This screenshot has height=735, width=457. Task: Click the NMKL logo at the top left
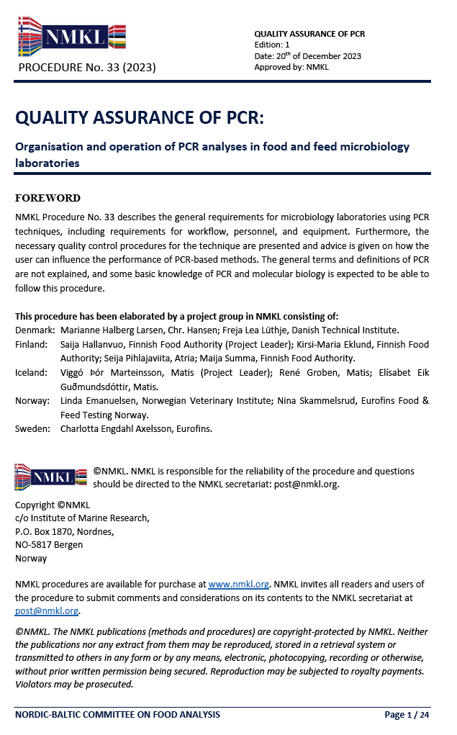pos(71,37)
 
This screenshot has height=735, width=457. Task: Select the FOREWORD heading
pos(47,198)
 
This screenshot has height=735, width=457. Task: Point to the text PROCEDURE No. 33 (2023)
pos(86,68)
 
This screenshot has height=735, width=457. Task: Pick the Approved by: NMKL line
pos(291,67)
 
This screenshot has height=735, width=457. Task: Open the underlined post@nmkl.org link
pos(47,610)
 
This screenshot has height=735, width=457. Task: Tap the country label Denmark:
pos(35,330)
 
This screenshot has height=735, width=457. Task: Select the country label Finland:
pos(32,345)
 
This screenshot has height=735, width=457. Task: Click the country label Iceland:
pos(32,372)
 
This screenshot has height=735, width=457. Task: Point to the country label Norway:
pos(33,400)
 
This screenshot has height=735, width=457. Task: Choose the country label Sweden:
pos(33,428)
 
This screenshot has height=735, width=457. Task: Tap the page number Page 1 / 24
pos(407,715)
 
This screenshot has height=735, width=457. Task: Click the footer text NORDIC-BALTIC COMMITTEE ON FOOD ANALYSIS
pos(117,715)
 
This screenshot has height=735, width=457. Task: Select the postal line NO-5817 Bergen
pos(49,544)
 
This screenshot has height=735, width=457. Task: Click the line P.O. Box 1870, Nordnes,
pos(65,531)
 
